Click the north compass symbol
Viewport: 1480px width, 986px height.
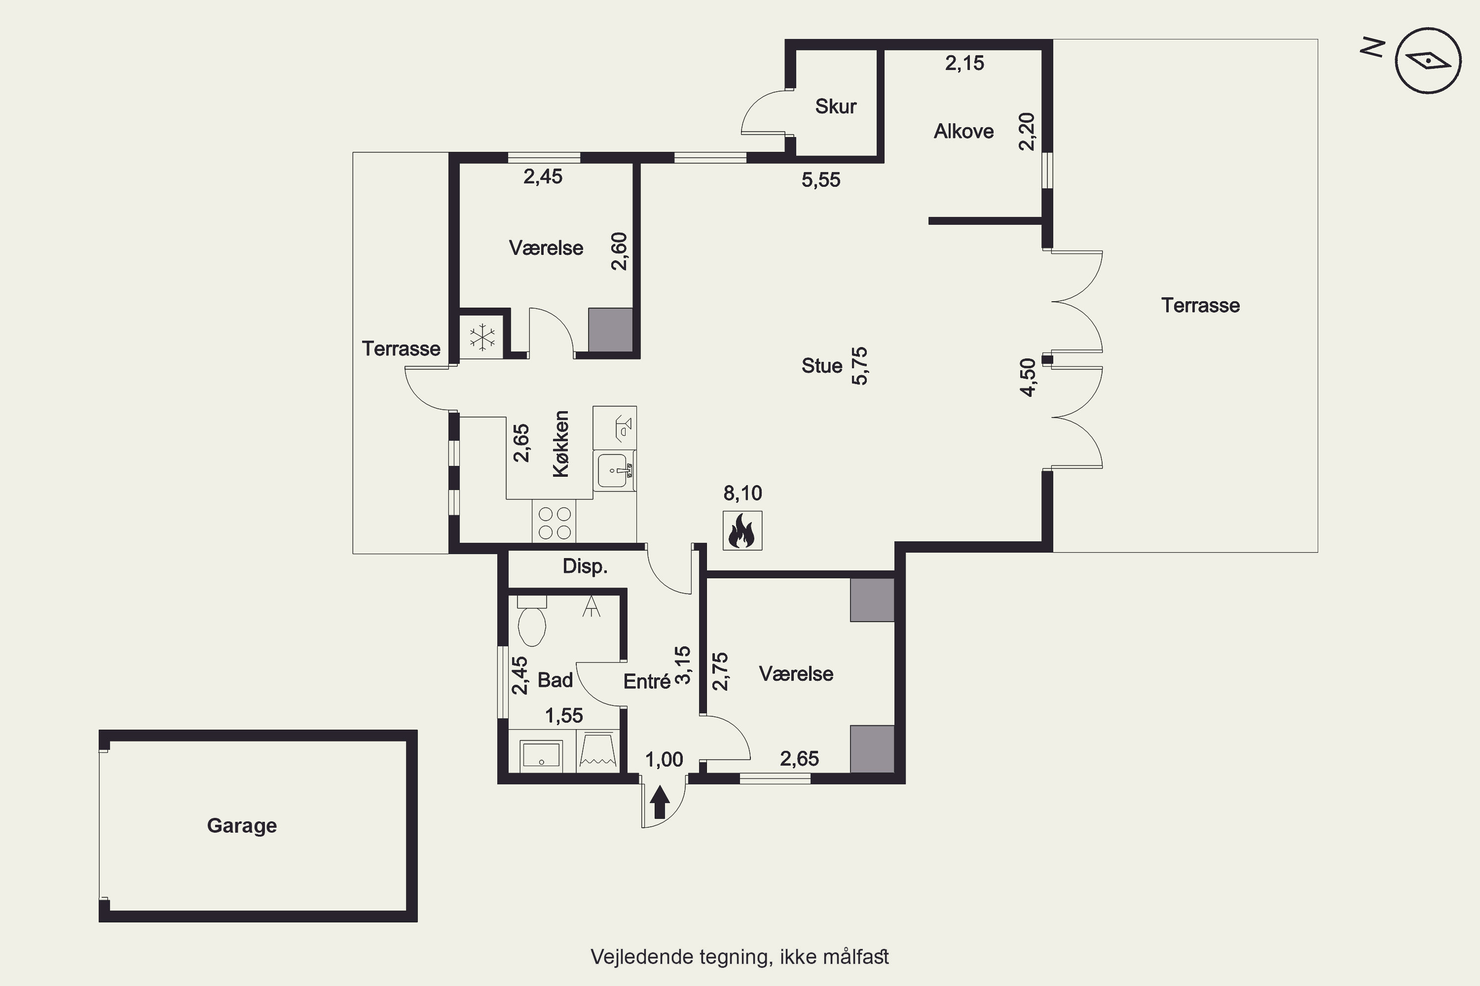(1428, 61)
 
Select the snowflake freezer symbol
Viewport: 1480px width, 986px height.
(482, 338)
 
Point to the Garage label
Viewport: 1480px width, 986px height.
(242, 826)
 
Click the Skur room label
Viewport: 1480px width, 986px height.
(836, 106)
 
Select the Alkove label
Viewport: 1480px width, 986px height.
(963, 132)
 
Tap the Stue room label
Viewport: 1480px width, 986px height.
(821, 366)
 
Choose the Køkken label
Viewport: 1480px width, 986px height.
(560, 444)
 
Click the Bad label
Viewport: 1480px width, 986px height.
(555, 680)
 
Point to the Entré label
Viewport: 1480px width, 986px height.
(647, 682)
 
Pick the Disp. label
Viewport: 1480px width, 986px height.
(585, 566)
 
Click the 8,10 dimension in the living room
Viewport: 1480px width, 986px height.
(742, 493)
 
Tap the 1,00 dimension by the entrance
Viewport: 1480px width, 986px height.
(664, 760)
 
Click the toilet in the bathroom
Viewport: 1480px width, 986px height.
(532, 621)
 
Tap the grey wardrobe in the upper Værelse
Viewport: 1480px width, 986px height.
(610, 330)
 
